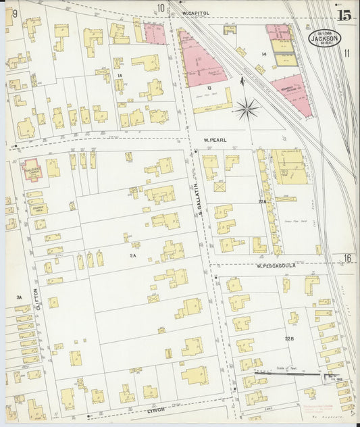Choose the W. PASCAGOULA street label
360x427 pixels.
[x=278, y=266]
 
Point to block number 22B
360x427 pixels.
[x=290, y=338]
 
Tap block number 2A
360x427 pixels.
[x=133, y=255]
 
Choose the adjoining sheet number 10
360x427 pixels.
[x=161, y=8]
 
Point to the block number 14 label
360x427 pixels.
[x=265, y=53]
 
